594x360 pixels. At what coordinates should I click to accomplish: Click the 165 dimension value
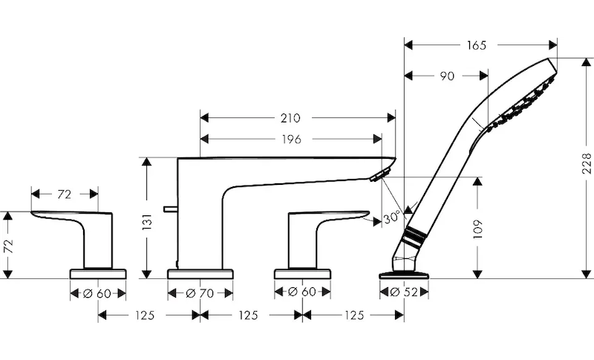click(x=478, y=46)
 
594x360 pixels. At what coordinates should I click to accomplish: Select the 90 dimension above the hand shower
click(x=446, y=76)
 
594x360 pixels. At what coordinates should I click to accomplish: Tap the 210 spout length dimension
click(x=290, y=117)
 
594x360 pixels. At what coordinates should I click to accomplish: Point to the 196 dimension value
click(x=290, y=140)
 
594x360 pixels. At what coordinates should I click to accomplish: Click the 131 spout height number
click(x=147, y=220)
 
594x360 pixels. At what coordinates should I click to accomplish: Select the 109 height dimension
click(x=479, y=229)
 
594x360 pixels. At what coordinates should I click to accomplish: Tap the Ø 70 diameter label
click(x=200, y=293)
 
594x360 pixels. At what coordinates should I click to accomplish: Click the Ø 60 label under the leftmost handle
click(x=99, y=293)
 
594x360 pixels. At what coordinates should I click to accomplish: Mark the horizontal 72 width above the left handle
click(x=64, y=194)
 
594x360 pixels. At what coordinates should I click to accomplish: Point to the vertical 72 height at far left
click(x=8, y=246)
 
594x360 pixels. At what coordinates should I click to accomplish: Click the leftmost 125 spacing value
click(x=145, y=315)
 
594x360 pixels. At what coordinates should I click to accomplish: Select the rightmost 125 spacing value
click(x=353, y=315)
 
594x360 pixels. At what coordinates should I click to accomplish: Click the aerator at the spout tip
click(x=380, y=174)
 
